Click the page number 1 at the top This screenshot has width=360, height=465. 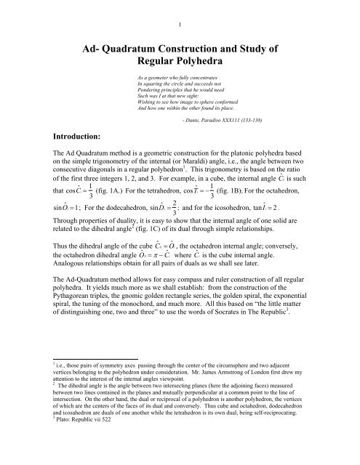coord(180,9)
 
